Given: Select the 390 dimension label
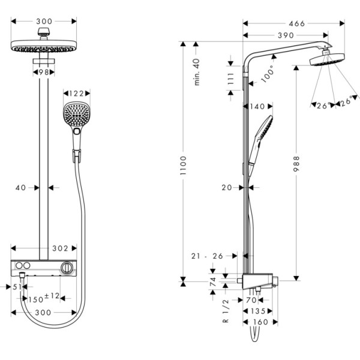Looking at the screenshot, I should coord(284,35).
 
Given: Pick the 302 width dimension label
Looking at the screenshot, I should coord(59,247).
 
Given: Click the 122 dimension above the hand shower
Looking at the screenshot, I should coord(76,93).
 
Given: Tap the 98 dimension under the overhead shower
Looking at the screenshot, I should coord(43,72).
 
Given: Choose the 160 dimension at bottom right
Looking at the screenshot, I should coord(259,323).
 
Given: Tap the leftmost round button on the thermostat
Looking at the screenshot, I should coord(22,266).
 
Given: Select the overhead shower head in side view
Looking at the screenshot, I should coord(325,61).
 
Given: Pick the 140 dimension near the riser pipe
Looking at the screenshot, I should coord(256,106).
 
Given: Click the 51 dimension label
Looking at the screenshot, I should coord(17,287).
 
